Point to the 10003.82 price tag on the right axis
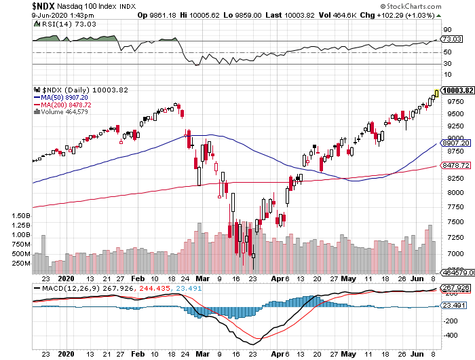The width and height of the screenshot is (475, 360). [x=456, y=90]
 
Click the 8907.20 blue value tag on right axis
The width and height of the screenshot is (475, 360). [x=455, y=144]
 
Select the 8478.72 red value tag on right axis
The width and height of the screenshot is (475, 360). [x=455, y=165]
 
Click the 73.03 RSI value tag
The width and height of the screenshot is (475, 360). [x=448, y=39]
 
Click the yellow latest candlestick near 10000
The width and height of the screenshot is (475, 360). [x=436, y=93]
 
